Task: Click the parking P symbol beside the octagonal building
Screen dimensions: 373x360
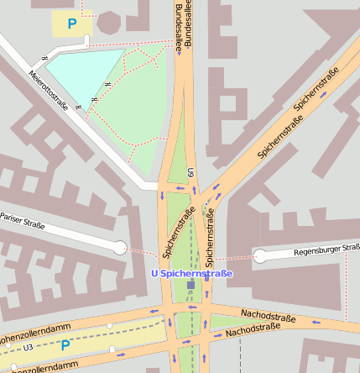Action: click(71, 24)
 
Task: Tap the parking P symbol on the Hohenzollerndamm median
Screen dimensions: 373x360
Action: click(65, 345)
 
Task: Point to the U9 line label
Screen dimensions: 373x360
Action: click(191, 172)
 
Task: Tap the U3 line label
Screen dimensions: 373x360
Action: click(29, 346)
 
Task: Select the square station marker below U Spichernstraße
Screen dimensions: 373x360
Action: click(191, 286)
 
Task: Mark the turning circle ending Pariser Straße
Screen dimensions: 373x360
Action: click(121, 247)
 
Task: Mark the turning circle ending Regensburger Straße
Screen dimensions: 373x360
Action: click(260, 255)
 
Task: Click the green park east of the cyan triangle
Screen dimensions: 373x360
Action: click(138, 109)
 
